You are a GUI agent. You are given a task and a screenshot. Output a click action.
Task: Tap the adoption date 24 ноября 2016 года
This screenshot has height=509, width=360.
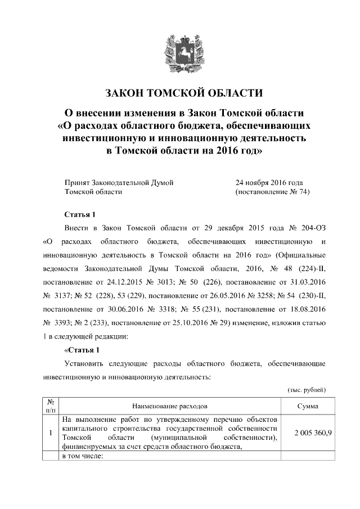pyautogui.click(x=269, y=182)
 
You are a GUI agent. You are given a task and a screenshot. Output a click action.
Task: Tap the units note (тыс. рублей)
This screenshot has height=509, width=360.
pyautogui.click(x=307, y=389)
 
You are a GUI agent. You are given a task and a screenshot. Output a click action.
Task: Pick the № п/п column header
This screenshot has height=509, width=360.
pyautogui.click(x=51, y=406)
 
